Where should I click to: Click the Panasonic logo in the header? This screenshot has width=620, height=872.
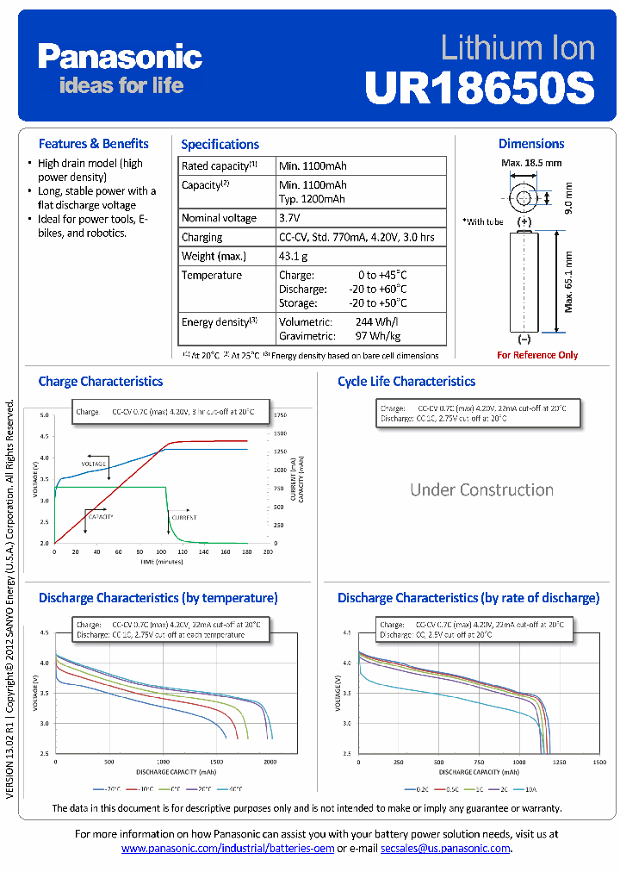[x=120, y=57]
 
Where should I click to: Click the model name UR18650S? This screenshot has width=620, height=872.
[x=480, y=87]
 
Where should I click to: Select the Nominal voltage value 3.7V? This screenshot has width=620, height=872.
[x=289, y=218]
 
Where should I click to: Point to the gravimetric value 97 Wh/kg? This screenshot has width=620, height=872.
[x=377, y=335]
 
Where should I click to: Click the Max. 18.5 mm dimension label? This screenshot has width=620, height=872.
[x=531, y=162]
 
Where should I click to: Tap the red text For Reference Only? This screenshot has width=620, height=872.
[x=537, y=355]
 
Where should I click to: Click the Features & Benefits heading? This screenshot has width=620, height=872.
[x=93, y=144]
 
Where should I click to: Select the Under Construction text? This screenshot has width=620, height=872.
[x=481, y=489]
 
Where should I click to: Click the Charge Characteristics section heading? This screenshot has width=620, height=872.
[x=100, y=381]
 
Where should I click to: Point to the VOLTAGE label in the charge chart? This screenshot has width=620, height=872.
[x=93, y=464]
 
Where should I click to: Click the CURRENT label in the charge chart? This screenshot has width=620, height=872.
[x=183, y=517]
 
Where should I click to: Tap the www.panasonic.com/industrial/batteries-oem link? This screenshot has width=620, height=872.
[x=227, y=849]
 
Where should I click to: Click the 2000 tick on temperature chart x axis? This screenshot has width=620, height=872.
[x=270, y=762]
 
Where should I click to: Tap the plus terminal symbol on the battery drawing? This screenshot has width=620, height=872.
[x=524, y=221]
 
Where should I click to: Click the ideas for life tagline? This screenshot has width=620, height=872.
[x=121, y=84]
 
